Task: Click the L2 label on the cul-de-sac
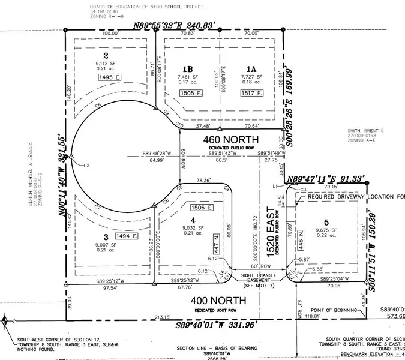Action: click(x=86, y=164)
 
